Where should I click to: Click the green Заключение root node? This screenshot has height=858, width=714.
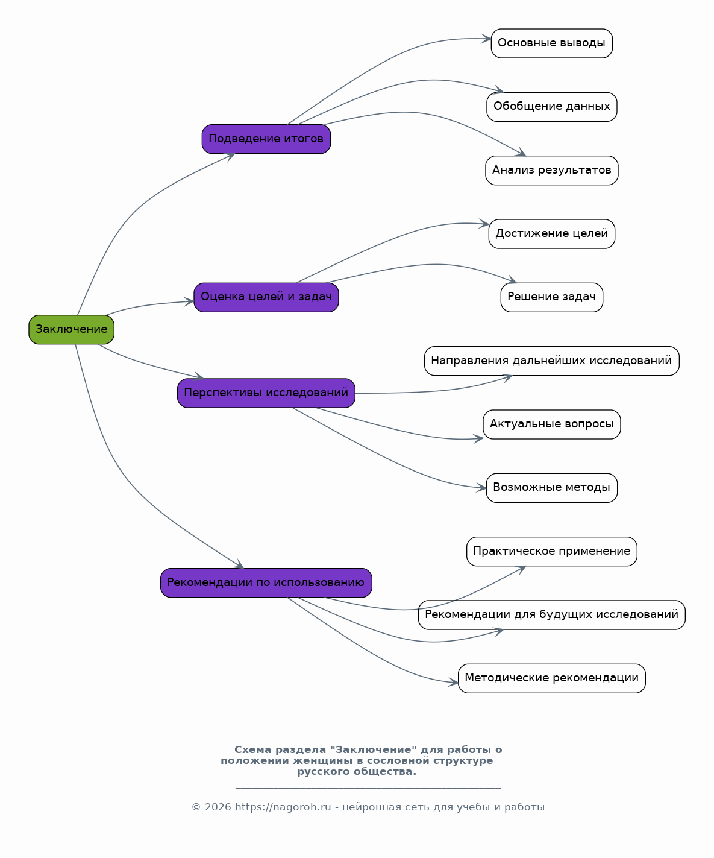pos(71,330)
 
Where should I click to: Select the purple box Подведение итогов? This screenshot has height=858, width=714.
pos(266,139)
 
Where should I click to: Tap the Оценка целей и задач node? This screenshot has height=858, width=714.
pos(266,297)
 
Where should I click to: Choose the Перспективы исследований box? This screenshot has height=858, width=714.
pos(266,393)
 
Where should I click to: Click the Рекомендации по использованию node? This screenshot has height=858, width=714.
pos(266,582)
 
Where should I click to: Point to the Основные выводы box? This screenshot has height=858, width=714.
pos(551,43)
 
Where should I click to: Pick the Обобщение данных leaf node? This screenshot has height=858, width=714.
pos(551,107)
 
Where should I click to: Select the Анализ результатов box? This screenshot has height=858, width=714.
pos(551,170)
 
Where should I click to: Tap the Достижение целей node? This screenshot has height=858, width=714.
pos(551,234)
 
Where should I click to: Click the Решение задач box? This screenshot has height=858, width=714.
pos(551,297)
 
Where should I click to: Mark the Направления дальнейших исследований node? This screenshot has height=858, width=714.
pos(551,361)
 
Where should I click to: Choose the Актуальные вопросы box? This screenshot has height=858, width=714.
pos(551,424)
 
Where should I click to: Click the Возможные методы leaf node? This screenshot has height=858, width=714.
pos(551,488)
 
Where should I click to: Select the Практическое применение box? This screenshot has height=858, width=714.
pos(551,552)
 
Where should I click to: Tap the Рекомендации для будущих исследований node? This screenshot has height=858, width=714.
pos(551,615)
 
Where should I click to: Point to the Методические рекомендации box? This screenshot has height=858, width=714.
pos(551,678)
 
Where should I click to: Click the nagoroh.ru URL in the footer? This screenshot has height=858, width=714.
pos(283,807)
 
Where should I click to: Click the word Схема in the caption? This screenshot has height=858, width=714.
pos(252,750)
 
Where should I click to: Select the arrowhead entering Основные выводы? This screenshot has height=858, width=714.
pos(486,39)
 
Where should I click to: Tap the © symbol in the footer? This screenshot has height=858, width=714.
pos(196,807)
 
